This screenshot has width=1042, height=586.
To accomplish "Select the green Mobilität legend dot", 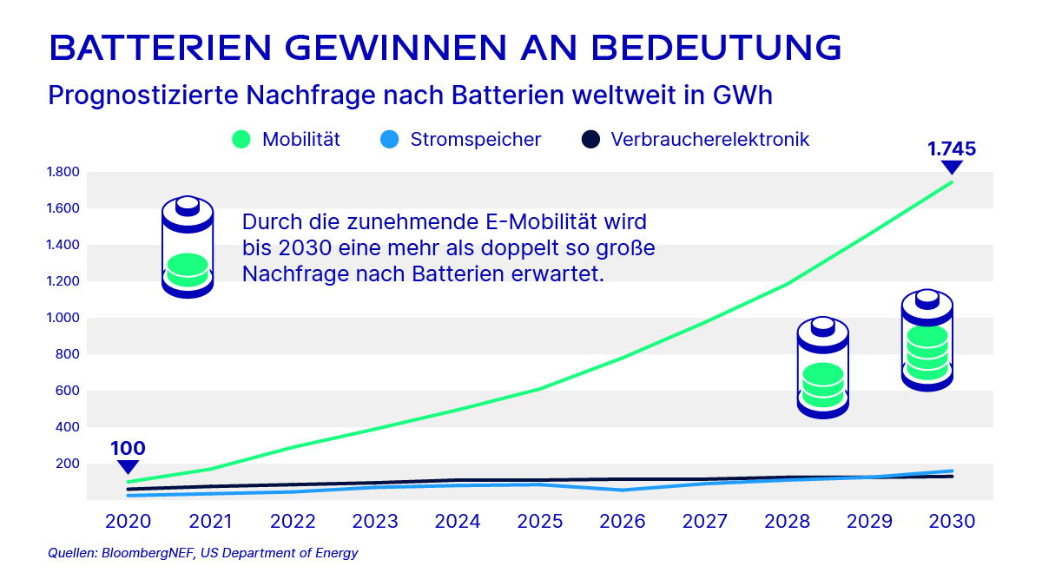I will [241, 139].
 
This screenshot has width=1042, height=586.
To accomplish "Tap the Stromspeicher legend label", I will [475, 139].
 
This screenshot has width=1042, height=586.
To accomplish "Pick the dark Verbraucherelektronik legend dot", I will [590, 139].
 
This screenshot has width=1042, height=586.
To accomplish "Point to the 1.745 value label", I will [952, 148].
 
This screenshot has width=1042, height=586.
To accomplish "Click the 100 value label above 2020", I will [128, 449].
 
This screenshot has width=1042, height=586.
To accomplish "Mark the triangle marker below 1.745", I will [952, 168].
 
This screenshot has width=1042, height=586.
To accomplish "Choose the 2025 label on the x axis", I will [539, 522].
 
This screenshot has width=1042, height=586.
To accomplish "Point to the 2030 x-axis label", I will [952, 522].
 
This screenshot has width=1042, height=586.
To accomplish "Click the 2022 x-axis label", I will [293, 522].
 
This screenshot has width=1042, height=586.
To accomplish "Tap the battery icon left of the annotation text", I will [188, 247].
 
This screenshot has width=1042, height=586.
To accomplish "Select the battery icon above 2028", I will [822, 367].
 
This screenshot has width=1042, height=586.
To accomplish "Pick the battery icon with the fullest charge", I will [927, 340].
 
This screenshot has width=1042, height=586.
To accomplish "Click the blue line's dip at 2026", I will [622, 490].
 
